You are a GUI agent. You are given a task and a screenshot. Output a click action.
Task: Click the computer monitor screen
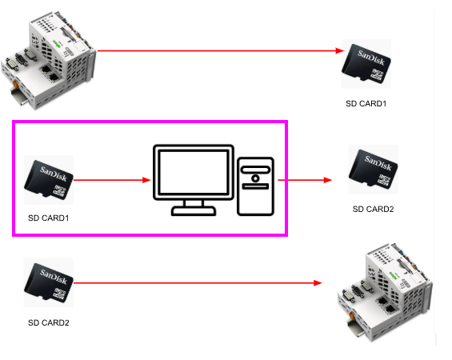point(194,172)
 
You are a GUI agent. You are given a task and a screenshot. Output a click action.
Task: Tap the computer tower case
point(255,186)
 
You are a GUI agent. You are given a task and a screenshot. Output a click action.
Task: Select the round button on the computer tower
point(255,178)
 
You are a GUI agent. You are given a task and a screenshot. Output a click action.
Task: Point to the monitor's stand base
point(194,210)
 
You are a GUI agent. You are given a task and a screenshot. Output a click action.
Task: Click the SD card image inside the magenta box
point(49,180)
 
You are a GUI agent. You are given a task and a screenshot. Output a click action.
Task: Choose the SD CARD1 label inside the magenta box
point(49,218)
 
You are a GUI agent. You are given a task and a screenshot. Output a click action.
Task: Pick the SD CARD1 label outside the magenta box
point(366,103)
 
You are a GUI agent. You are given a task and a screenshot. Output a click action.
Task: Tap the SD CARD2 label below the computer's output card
point(373,209)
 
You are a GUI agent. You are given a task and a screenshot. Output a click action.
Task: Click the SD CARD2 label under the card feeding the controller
point(49,322)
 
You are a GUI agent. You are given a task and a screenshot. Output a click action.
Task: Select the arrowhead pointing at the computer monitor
point(147,180)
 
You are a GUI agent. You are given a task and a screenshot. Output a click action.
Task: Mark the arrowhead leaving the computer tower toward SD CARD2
point(328,180)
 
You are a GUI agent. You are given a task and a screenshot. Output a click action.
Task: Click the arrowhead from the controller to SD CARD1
point(340,51)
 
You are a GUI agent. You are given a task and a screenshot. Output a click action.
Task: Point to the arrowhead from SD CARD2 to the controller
point(318,283)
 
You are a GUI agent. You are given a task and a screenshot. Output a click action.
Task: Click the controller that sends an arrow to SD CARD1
point(49,60)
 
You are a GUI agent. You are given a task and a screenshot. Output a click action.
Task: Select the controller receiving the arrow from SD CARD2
point(385,292)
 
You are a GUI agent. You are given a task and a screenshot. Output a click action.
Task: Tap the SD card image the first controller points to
point(366,64)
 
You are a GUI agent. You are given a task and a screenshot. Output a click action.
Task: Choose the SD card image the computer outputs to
point(373,169)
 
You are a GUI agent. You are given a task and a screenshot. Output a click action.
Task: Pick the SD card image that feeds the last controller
point(49,282)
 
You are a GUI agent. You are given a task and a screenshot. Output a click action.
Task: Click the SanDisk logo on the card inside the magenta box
point(54,174)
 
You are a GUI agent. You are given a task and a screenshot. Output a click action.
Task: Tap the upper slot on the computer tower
point(255,170)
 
